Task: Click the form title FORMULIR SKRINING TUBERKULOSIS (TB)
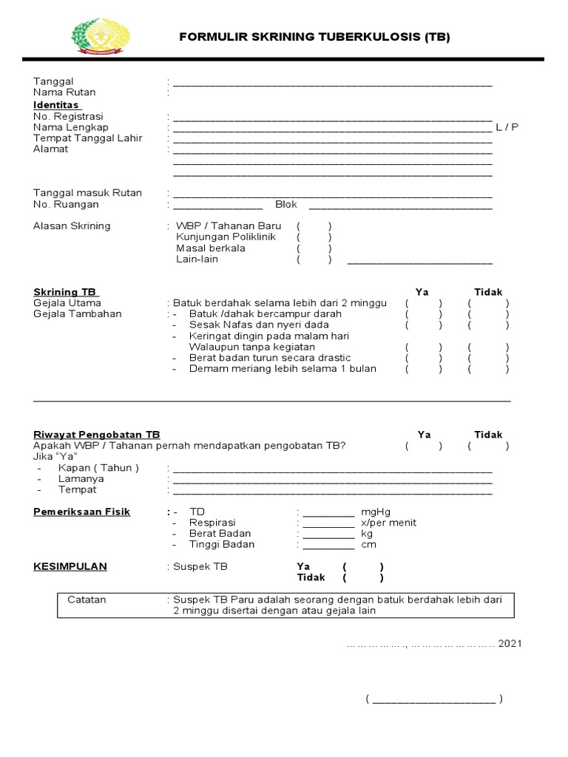click(x=314, y=37)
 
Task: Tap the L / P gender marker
click(x=507, y=127)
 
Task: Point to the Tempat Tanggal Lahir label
click(x=88, y=138)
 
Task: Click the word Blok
click(x=286, y=205)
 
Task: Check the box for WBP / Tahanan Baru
click(x=314, y=226)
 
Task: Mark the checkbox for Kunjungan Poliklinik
click(x=314, y=237)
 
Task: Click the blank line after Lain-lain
click(x=419, y=261)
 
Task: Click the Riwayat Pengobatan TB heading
click(x=97, y=435)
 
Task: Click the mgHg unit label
click(x=376, y=512)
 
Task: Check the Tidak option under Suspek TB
click(x=362, y=578)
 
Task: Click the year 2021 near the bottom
click(x=510, y=644)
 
